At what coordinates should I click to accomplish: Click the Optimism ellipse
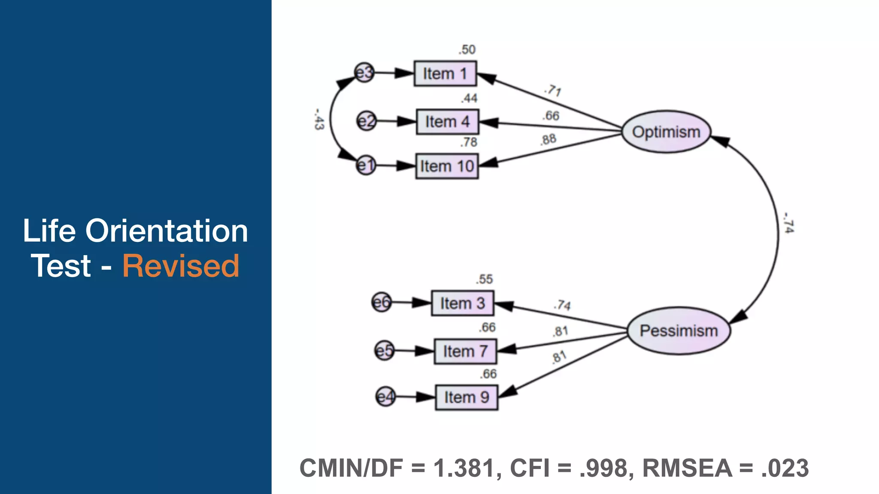click(666, 132)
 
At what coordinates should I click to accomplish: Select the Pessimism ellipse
click(679, 331)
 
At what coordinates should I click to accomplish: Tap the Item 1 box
click(445, 73)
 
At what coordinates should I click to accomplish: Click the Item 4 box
click(447, 122)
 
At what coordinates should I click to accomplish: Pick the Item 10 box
click(447, 166)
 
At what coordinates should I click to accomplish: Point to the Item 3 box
click(463, 303)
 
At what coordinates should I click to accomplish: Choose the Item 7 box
click(465, 351)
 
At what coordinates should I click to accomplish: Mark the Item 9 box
click(467, 397)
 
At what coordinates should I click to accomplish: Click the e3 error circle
click(364, 73)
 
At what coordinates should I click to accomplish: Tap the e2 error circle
click(367, 121)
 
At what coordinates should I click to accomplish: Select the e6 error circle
click(381, 303)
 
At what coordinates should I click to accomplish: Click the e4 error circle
click(385, 397)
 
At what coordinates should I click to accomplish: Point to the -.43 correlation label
click(318, 119)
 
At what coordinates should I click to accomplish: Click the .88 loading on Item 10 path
click(548, 139)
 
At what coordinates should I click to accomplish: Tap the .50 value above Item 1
click(467, 50)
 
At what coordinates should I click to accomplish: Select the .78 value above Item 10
click(469, 142)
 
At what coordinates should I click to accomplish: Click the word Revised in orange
click(181, 266)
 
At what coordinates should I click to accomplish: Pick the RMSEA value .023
click(785, 468)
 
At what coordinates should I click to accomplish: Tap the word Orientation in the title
click(167, 231)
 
